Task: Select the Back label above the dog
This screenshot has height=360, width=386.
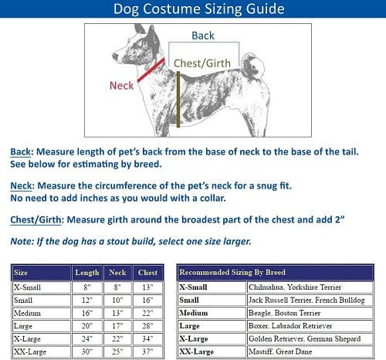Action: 202,36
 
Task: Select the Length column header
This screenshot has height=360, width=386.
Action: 86,273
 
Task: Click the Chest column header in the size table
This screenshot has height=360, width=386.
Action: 147,273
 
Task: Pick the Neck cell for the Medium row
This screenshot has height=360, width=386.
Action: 117,313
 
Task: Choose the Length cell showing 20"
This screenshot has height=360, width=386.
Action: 86,326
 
